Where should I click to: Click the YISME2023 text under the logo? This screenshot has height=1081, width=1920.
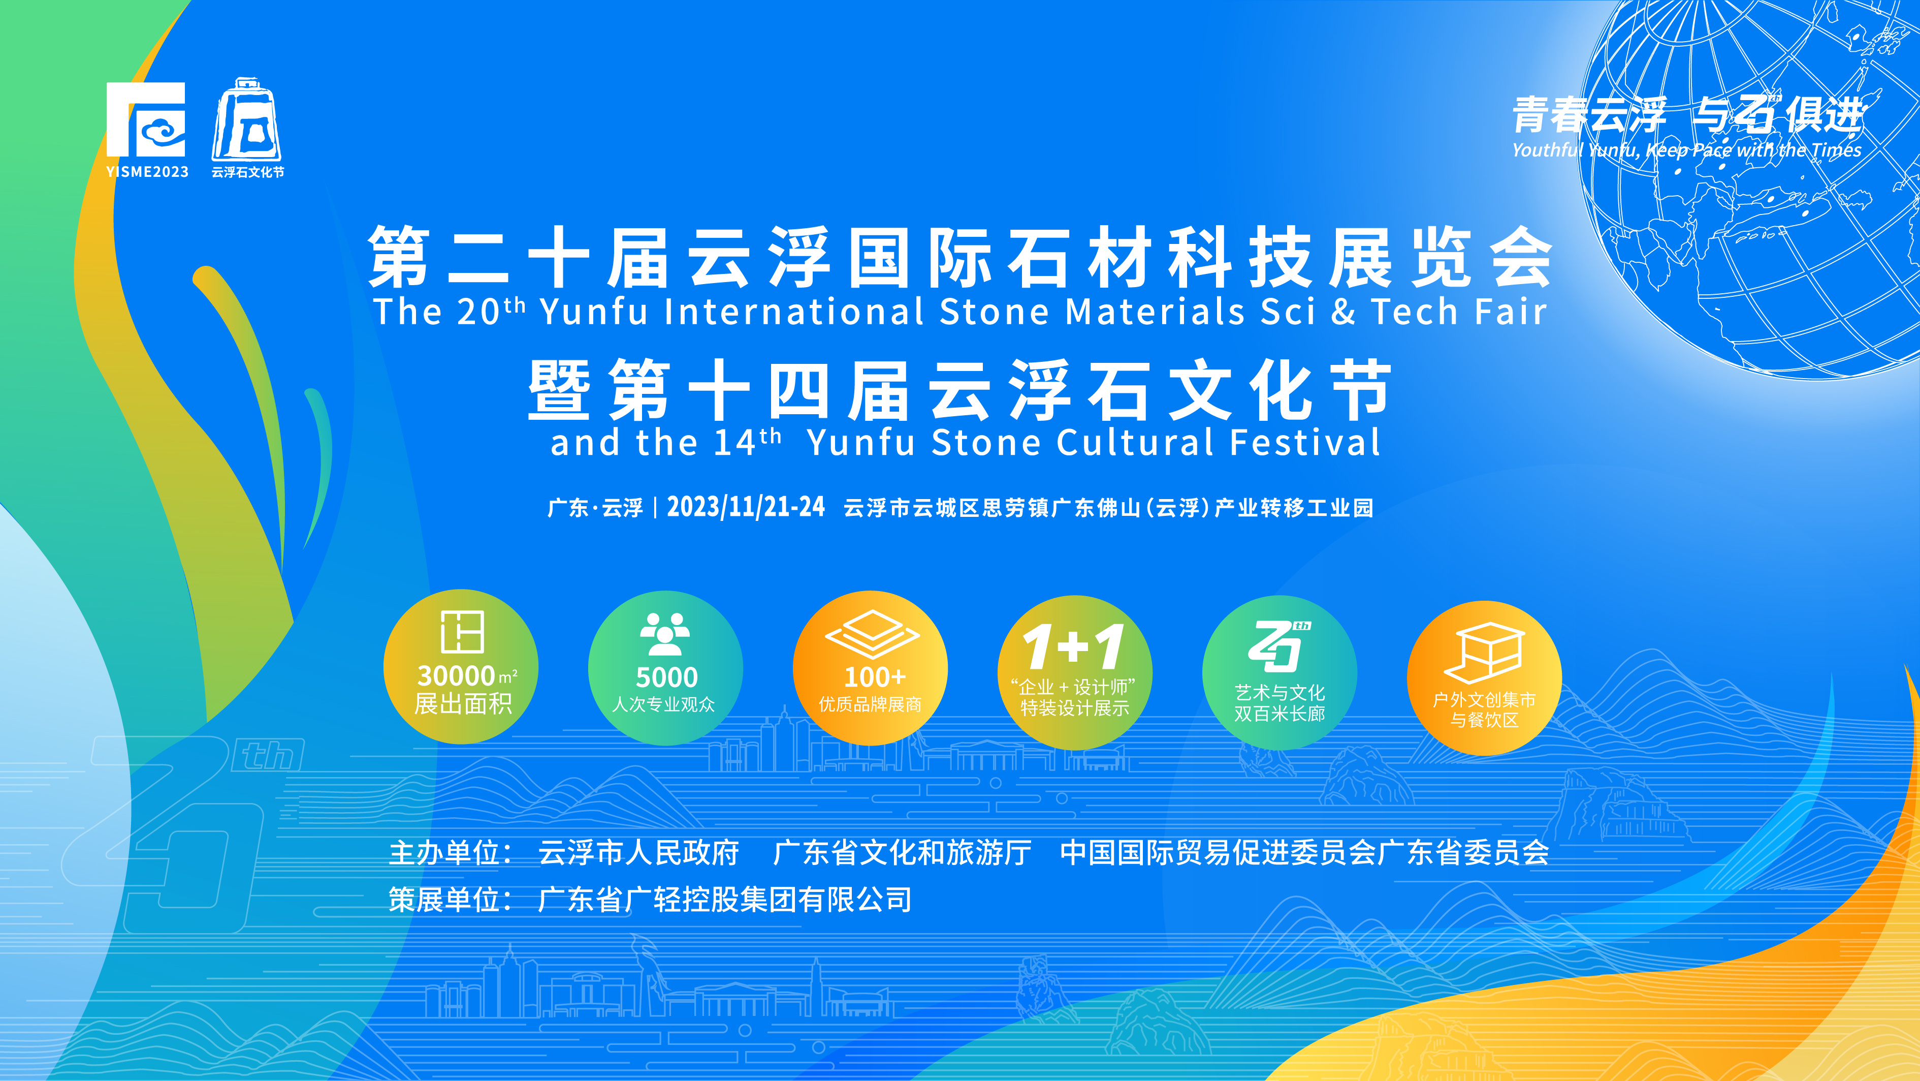(147, 171)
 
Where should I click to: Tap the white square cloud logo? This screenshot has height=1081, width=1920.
(146, 119)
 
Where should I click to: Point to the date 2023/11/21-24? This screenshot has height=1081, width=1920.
(745, 507)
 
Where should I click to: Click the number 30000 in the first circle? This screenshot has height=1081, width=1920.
(456, 675)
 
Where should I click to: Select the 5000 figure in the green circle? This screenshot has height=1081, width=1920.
(666, 677)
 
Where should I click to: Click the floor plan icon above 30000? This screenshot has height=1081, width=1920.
(462, 631)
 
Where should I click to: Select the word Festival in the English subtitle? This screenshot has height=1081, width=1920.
(1305, 442)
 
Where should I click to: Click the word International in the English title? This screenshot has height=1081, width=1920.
(794, 311)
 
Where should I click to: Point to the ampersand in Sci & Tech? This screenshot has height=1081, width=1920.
(1343, 312)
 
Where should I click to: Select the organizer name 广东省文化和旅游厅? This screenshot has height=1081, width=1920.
(902, 852)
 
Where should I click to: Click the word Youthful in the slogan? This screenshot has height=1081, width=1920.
(1547, 150)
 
